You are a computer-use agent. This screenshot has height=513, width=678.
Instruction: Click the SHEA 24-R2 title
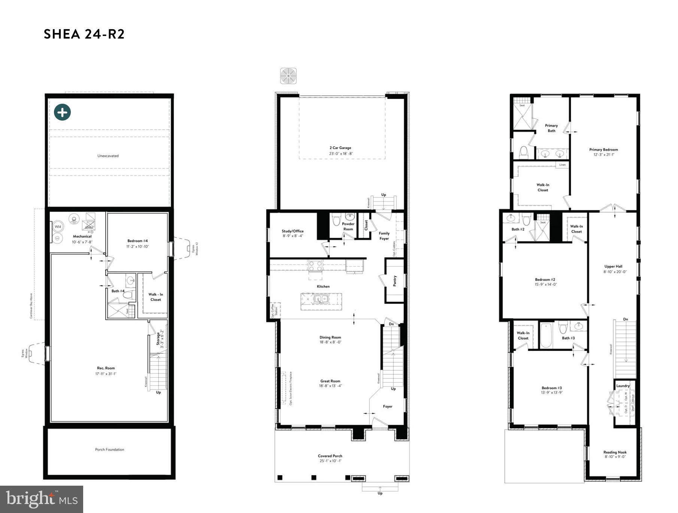[x=84, y=34]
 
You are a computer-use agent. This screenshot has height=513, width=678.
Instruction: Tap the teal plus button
[x=62, y=112]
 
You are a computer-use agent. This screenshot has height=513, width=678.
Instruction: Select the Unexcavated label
[x=108, y=156]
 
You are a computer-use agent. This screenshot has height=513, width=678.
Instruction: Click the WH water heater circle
[x=58, y=227]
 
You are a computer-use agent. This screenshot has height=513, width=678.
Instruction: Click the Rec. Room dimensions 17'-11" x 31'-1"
[x=106, y=374]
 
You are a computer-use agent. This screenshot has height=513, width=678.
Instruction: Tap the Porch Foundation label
[x=109, y=449]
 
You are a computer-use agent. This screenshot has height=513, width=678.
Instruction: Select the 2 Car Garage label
[x=340, y=148]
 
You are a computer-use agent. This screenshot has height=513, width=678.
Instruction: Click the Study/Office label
[x=293, y=231]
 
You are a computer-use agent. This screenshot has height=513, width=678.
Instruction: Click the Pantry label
[x=395, y=281]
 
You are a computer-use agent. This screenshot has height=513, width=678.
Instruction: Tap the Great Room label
[x=330, y=381]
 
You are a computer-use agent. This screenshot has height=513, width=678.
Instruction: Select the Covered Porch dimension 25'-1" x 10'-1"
[x=330, y=461]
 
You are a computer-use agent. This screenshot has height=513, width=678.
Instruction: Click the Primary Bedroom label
[x=603, y=149]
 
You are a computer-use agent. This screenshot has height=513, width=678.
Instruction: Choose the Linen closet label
[x=562, y=165]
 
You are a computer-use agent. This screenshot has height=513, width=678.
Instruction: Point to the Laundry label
[x=623, y=386]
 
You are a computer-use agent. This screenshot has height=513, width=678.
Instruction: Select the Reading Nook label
[x=615, y=452]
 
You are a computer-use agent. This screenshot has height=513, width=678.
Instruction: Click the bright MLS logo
[x=42, y=499]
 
